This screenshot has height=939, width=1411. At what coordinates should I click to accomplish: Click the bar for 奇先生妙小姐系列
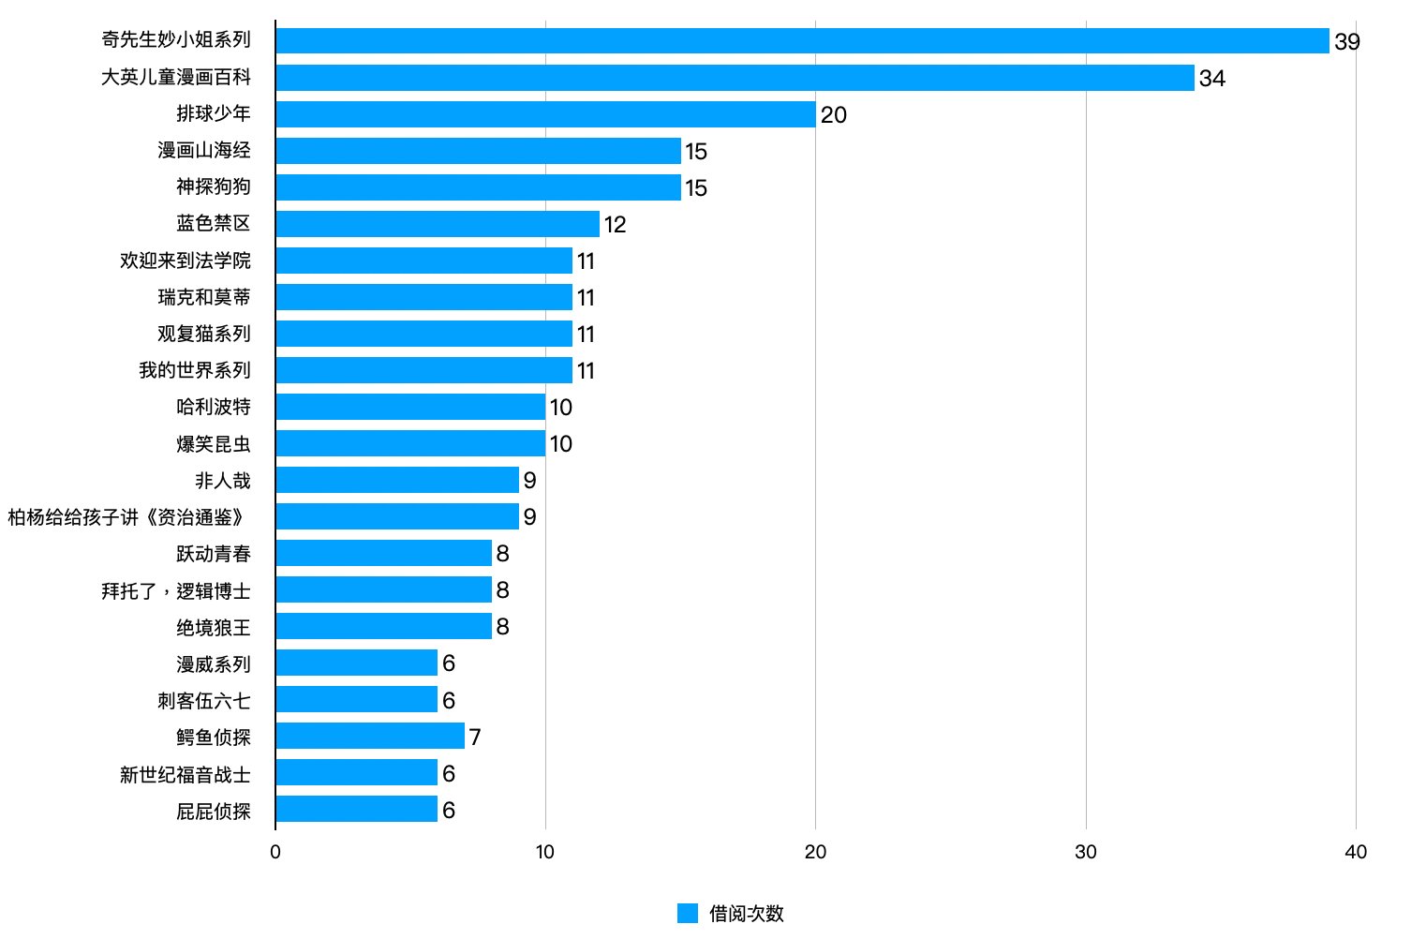tap(802, 41)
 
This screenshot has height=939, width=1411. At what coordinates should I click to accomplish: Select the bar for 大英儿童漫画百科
tap(735, 78)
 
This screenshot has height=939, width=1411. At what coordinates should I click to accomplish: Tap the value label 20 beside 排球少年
tap(833, 115)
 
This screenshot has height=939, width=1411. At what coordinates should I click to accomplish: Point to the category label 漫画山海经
tap(204, 151)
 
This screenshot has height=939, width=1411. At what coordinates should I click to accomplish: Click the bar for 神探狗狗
tap(478, 187)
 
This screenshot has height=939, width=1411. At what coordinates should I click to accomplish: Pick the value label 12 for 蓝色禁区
tap(615, 225)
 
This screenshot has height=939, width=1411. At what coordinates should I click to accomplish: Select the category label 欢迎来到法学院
tap(186, 261)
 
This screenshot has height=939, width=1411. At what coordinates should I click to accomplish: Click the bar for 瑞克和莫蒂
tap(423, 297)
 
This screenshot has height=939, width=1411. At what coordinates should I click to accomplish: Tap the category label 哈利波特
tap(214, 407)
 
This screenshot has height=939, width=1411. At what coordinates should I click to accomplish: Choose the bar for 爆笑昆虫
tap(410, 443)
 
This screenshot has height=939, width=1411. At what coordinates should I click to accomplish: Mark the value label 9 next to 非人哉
tap(529, 481)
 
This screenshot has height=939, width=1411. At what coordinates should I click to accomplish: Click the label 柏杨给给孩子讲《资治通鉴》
tap(129, 517)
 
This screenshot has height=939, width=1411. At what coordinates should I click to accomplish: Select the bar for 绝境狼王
tap(383, 626)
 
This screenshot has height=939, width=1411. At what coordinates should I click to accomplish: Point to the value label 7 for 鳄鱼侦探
tap(475, 738)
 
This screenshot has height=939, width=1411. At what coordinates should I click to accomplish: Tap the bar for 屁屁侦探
tap(356, 809)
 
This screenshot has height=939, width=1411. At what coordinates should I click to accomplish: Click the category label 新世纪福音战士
tap(186, 774)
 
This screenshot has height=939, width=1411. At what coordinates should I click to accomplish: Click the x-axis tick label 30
tap(1085, 852)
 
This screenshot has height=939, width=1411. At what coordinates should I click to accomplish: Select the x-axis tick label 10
tap(544, 852)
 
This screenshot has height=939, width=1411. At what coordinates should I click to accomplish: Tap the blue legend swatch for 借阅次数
tap(688, 914)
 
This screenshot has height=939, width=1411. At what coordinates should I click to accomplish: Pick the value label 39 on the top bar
tap(1346, 42)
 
